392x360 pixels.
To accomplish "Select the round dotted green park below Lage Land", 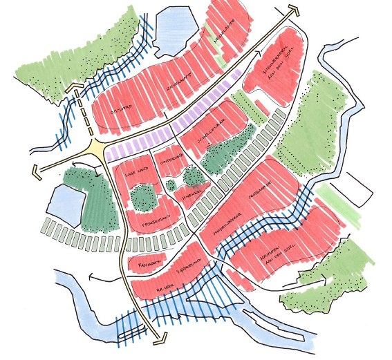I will click(143, 198).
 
